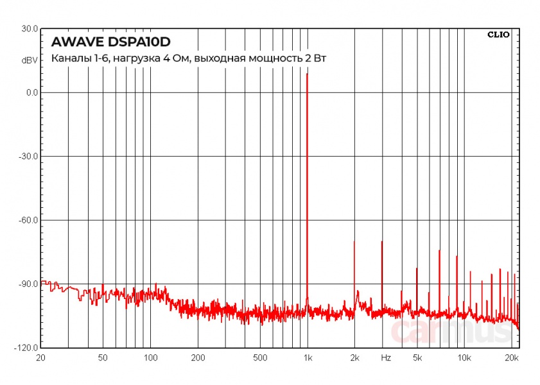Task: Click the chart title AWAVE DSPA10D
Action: pyautogui.click(x=110, y=42)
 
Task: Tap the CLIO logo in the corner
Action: pyautogui.click(x=498, y=35)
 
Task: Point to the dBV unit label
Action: pyautogui.click(x=30, y=60)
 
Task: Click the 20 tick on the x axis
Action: pyautogui.click(x=41, y=357)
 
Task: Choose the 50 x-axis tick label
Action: pyautogui.click(x=103, y=357)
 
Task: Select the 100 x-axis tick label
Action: pyautogui.click(x=150, y=357)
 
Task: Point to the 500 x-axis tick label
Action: pyautogui.click(x=259, y=357)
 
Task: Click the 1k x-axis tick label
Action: pyautogui.click(x=307, y=357)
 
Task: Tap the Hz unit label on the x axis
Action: pyautogui.click(x=386, y=357)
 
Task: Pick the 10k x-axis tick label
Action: pyautogui.click(x=464, y=357)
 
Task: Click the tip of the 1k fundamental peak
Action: pyautogui.click(x=307, y=74)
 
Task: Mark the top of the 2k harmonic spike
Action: pyautogui.click(x=354, y=241)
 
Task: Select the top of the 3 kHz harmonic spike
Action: pyautogui.click(x=381, y=241)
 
